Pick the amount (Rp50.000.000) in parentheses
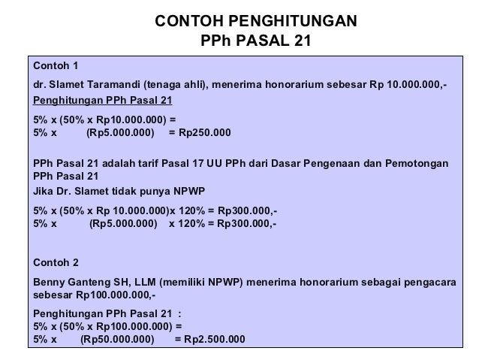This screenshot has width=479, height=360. click(116, 339)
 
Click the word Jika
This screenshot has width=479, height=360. click(45, 191)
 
